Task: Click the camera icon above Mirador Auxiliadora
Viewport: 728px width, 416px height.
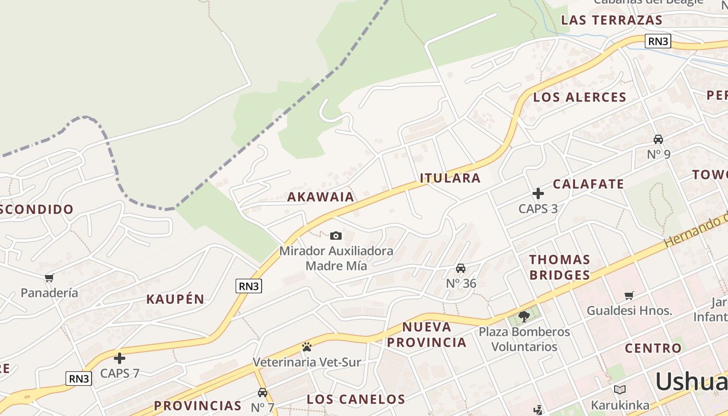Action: (x=336, y=236)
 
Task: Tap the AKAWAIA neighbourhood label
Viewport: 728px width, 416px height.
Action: (x=321, y=197)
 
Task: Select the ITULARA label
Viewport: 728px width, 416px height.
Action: (x=450, y=178)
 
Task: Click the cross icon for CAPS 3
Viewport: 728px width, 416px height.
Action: (x=538, y=194)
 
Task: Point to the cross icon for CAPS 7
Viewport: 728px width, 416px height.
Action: (x=120, y=358)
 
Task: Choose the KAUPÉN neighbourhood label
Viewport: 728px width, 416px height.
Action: (x=175, y=299)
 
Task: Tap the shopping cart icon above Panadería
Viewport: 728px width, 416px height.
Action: (x=49, y=278)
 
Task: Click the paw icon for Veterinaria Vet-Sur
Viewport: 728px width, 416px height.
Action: (x=307, y=347)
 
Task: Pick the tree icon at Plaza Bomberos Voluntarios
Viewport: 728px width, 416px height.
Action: (x=524, y=316)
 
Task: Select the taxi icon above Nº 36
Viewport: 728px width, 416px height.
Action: (x=461, y=268)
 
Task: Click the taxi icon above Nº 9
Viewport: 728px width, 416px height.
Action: (x=658, y=139)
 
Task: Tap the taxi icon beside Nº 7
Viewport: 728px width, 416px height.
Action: (x=263, y=393)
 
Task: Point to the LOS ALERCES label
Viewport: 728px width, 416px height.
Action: (x=580, y=97)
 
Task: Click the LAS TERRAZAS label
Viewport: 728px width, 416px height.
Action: (x=612, y=20)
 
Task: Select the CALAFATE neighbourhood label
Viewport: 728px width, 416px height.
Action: (x=588, y=184)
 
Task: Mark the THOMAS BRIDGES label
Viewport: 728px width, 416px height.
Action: (x=560, y=267)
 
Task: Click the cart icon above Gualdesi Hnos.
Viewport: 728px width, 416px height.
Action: (x=629, y=295)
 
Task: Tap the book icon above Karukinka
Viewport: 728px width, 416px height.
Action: (x=619, y=389)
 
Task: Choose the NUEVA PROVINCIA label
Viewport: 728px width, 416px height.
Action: (x=427, y=334)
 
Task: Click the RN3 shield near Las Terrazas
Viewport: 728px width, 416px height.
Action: (x=658, y=41)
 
